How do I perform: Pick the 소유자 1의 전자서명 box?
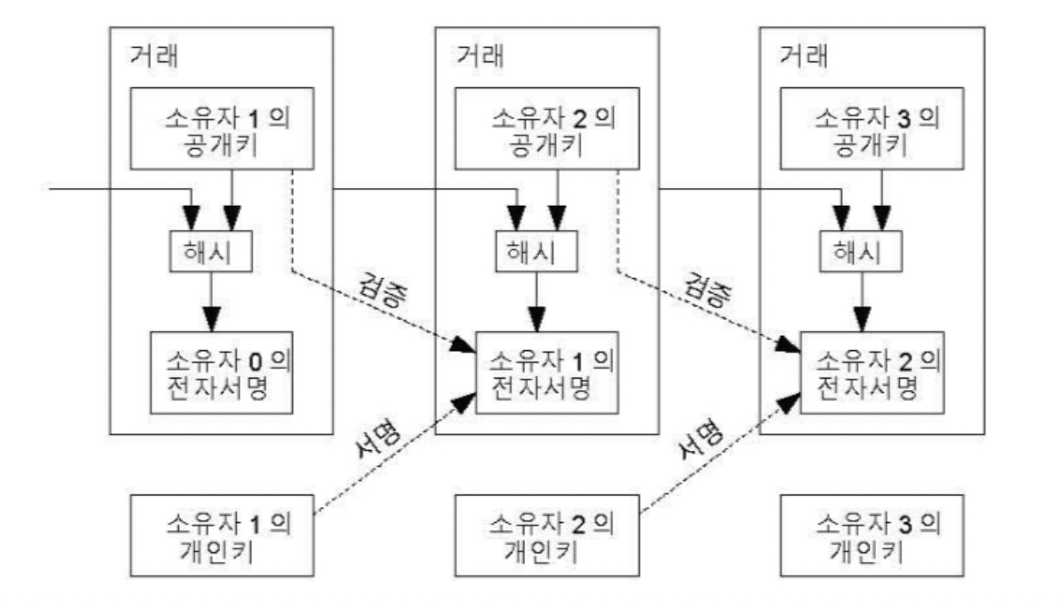coord(545,373)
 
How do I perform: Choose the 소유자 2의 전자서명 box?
coord(871,373)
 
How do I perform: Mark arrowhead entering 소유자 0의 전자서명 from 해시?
coord(212,318)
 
